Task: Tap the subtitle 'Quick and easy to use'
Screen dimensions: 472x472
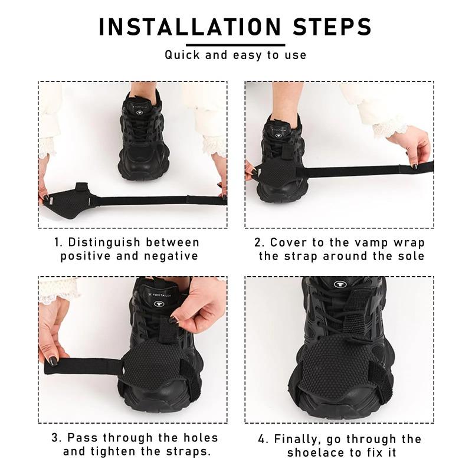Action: [x=235, y=55]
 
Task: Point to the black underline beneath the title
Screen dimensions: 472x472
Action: [x=236, y=44]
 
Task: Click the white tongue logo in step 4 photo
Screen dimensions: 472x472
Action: [x=340, y=284]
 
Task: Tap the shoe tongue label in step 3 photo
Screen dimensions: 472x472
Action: [x=158, y=294]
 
